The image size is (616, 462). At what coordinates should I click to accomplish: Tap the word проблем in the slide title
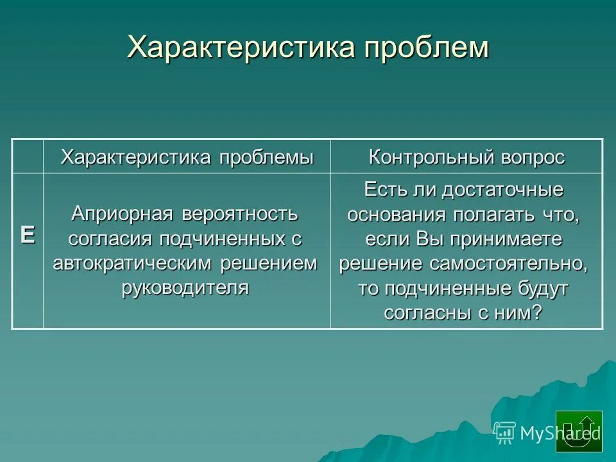pos(427,48)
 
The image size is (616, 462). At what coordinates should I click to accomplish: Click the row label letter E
pos(28,235)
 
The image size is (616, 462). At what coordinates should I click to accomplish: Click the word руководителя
pos(185,287)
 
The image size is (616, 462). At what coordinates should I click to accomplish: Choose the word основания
pos(390,214)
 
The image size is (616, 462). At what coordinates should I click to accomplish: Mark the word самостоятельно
pos(501,263)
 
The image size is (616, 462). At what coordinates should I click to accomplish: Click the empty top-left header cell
pos(28,156)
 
